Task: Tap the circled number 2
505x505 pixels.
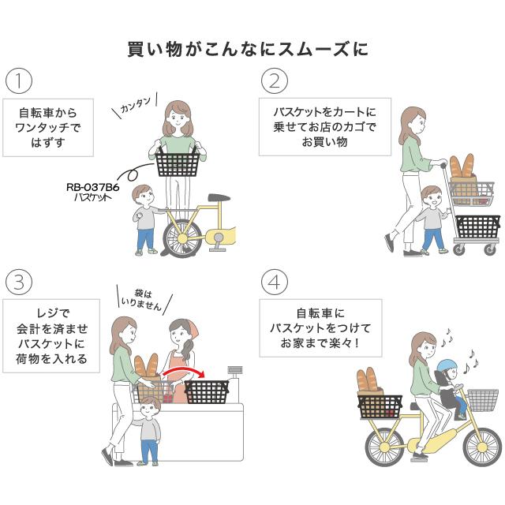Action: pyautogui.click(x=273, y=80)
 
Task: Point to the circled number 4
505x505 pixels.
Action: pyautogui.click(x=273, y=282)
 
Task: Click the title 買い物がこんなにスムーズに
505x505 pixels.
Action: pyautogui.click(x=248, y=49)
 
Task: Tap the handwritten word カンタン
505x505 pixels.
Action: pyautogui.click(x=137, y=107)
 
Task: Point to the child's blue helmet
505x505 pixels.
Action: pyautogui.click(x=448, y=367)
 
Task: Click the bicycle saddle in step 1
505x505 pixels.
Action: pyautogui.click(x=219, y=198)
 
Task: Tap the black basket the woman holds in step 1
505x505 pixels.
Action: pyautogui.click(x=178, y=163)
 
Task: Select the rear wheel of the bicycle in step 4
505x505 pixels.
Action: pyautogui.click(x=384, y=446)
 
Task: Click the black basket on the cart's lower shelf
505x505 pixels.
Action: pyautogui.click(x=477, y=226)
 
